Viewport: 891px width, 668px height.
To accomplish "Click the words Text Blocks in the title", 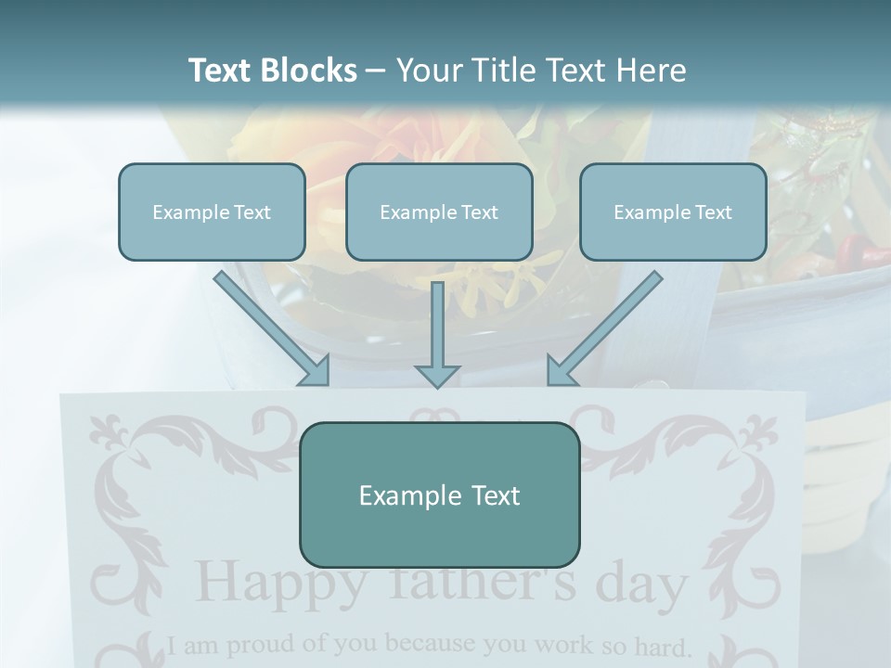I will tap(272, 71).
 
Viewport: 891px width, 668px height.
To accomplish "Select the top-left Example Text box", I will tap(212, 212).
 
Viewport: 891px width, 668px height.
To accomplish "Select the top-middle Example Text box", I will tap(439, 212).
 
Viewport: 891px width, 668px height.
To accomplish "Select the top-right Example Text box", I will tap(673, 212).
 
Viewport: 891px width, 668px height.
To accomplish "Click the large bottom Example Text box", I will tap(439, 495).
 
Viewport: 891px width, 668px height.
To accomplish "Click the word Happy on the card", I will tap(269, 584).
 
